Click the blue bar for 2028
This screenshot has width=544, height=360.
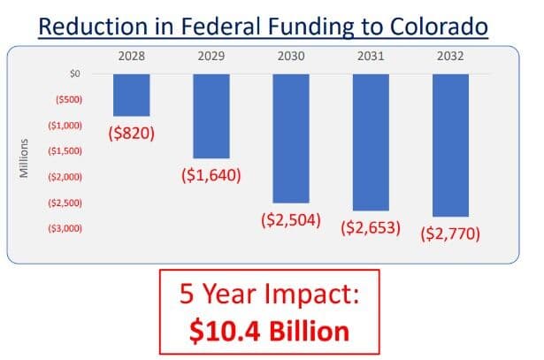[x=131, y=95]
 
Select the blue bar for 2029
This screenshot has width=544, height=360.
[x=211, y=116]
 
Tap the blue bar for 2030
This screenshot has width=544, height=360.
[x=291, y=138]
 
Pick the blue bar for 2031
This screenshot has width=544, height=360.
[x=371, y=142]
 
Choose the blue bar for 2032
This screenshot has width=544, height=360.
[x=450, y=145]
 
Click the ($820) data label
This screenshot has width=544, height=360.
[x=131, y=134]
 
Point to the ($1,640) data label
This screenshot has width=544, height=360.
[x=211, y=175]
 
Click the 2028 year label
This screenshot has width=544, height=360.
[x=131, y=57]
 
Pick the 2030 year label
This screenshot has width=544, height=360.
[x=291, y=57]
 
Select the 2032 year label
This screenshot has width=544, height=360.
[x=450, y=57]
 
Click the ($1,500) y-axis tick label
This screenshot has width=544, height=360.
[x=63, y=151]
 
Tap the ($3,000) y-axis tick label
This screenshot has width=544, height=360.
[x=63, y=228]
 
